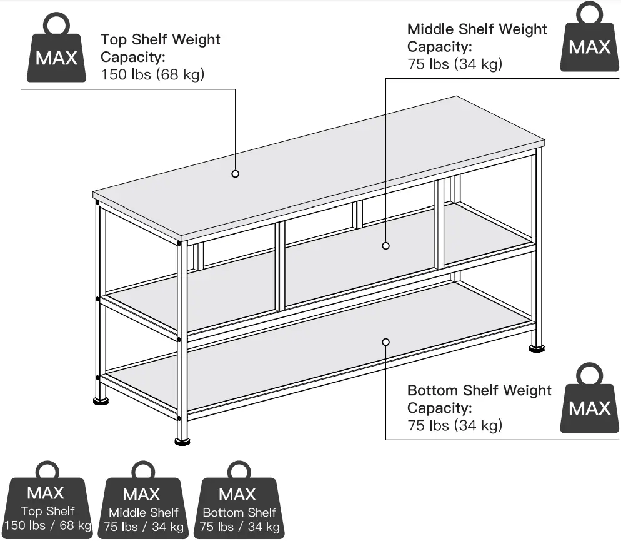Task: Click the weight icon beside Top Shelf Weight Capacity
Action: coord(56,50)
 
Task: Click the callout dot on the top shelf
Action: coord(236,174)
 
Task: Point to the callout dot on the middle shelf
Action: coord(385,246)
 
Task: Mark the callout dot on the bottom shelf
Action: coord(385,341)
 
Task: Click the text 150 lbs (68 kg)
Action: coord(152,74)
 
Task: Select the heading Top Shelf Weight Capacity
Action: coord(160,48)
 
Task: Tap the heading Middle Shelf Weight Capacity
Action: coord(477,38)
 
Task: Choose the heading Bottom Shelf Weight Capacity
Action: coord(479,399)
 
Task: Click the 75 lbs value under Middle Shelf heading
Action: coord(454,64)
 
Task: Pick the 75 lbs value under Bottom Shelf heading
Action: coord(454,425)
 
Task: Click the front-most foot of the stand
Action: coord(182,441)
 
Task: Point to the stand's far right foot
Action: coord(537,345)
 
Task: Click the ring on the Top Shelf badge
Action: coord(47,471)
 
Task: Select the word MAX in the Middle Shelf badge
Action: coord(142,494)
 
